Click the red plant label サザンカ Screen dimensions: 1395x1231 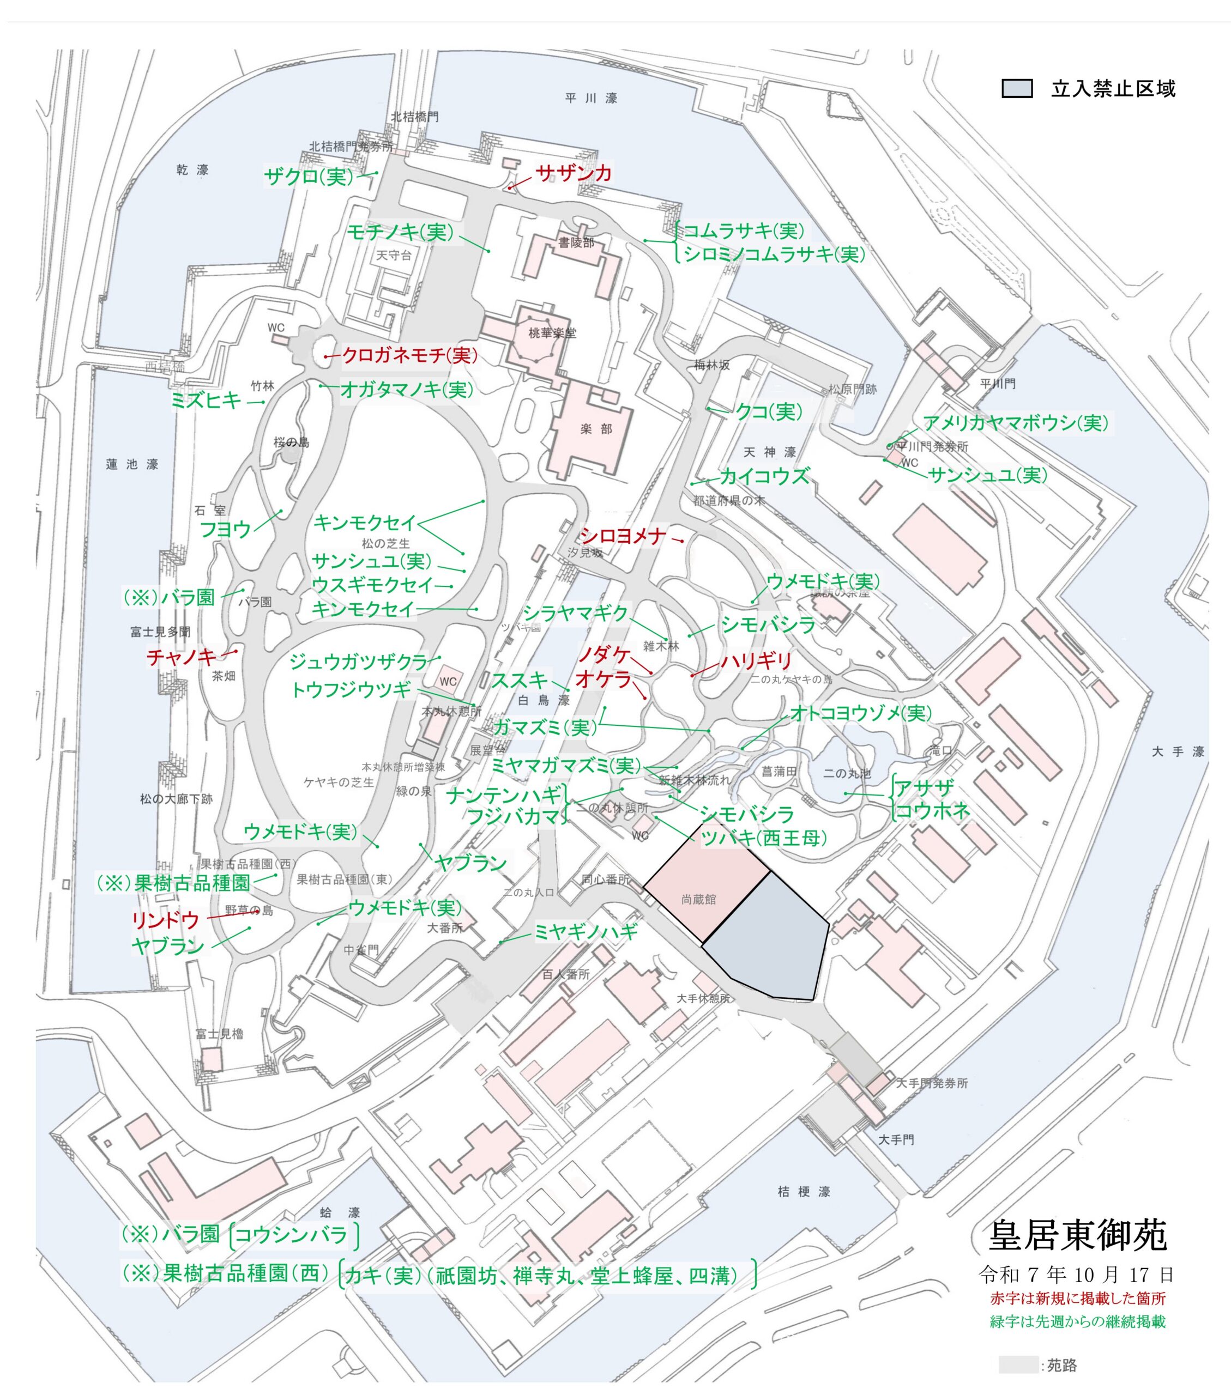[x=573, y=173]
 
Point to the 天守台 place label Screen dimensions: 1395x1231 [x=394, y=255]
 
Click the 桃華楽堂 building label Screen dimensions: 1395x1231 [x=552, y=333]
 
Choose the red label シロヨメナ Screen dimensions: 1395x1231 [x=623, y=536]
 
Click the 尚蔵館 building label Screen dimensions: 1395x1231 [x=698, y=900]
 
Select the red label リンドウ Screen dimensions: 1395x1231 [x=165, y=920]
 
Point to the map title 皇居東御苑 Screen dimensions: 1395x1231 [x=1077, y=1235]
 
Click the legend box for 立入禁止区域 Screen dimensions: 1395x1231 [x=1017, y=89]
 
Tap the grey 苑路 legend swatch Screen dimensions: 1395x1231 [x=1017, y=1364]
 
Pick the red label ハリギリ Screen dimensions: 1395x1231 [x=757, y=660]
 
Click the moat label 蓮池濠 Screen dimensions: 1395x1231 [x=132, y=464]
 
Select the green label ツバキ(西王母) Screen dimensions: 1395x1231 [x=763, y=838]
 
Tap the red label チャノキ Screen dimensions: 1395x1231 [x=181, y=657]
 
